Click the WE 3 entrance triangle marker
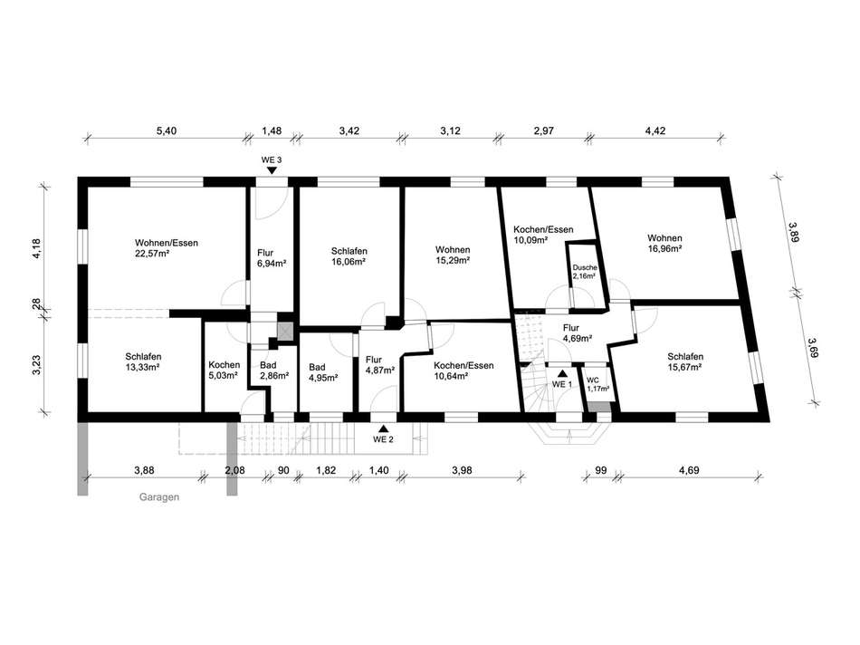tap(272, 170)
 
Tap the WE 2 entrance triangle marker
tap(384, 428)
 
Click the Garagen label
tap(159, 497)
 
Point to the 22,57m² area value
tap(151, 253)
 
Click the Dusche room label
tap(585, 267)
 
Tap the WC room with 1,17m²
tap(597, 384)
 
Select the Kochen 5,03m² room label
tap(224, 370)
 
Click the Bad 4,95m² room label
tap(322, 372)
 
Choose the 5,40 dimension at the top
tap(167, 130)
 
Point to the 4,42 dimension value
tap(655, 130)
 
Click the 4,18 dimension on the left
tap(36, 248)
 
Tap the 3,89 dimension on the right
tap(793, 232)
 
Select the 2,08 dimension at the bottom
tap(234, 470)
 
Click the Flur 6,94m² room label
tap(272, 258)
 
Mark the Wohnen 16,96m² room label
tap(664, 243)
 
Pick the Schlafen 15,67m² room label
tap(685, 361)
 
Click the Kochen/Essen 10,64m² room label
tap(463, 371)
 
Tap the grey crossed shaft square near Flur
tap(285, 331)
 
